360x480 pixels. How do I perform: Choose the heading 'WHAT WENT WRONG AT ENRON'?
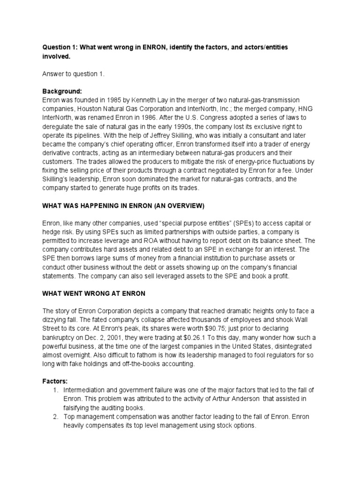(x=94, y=293)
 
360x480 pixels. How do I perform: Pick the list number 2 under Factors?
(x=55, y=417)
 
